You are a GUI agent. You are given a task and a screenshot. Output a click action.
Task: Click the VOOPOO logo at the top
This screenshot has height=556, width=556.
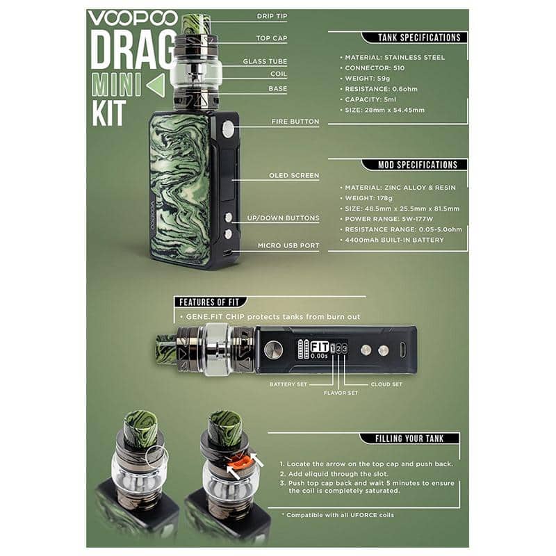pos(132,19)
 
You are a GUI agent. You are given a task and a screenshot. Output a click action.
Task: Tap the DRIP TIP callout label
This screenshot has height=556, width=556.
pos(272,16)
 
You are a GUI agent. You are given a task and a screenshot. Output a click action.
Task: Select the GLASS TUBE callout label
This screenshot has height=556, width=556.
pos(265,61)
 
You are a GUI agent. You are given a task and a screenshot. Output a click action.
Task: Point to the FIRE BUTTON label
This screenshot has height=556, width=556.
pos(295,122)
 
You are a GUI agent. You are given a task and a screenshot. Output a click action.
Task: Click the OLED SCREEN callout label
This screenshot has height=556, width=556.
pos(294,176)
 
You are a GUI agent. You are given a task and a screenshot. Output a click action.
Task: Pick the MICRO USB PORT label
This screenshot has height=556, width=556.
pos(288,245)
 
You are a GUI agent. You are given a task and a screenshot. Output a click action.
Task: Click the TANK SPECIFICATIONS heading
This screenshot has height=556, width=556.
pos(419,38)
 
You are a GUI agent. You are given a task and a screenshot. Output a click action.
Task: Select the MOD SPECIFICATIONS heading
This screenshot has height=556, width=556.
pos(418,165)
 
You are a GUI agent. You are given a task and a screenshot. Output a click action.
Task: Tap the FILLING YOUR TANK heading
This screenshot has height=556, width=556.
pos(409,439)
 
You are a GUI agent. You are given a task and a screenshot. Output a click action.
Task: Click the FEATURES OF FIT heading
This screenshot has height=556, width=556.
pos(209,302)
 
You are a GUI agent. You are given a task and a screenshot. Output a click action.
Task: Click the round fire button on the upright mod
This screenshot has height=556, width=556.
pos(228,129)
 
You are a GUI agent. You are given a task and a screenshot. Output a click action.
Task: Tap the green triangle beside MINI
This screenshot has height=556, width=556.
pos(156,85)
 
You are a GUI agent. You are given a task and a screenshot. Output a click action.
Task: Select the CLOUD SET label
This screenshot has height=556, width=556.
pos(386,384)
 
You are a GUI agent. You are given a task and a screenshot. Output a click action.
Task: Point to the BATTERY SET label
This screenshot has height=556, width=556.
pos(288,384)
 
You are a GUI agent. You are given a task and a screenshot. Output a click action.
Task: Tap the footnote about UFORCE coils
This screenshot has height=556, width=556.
pos(338,515)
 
